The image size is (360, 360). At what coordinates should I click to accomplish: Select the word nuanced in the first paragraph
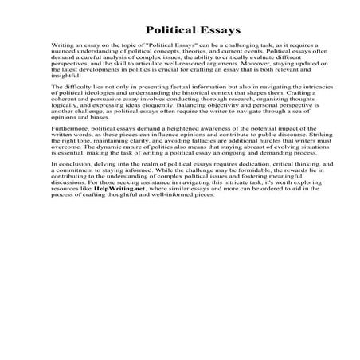click(x=65, y=56)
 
